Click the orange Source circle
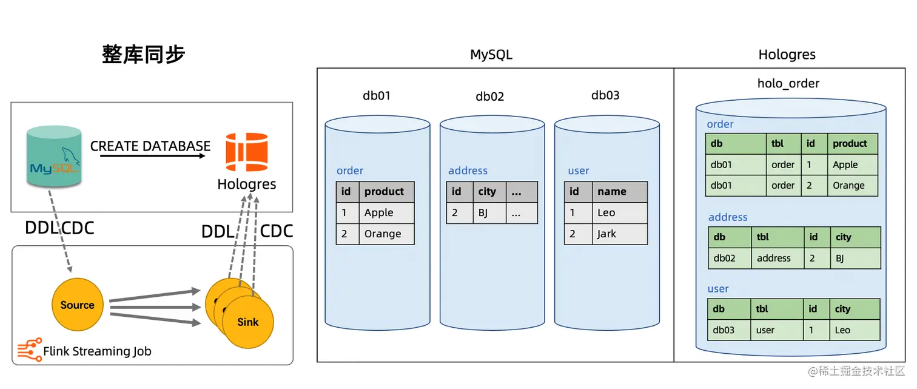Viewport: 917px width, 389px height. point(77,305)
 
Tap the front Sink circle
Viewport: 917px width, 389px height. point(247,322)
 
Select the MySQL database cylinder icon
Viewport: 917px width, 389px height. point(55,155)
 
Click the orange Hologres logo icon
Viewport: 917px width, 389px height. point(247,152)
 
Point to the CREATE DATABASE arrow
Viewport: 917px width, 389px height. point(152,156)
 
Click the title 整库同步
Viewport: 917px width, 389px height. point(143,55)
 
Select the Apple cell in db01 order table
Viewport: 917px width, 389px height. point(386,212)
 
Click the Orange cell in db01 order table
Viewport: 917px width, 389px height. point(386,234)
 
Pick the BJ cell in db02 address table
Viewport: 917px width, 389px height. point(487,213)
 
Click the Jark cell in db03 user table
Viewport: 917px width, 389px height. point(619,234)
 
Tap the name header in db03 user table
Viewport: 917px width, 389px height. point(619,192)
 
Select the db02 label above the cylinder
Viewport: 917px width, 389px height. point(489,96)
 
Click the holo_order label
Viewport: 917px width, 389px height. point(788,83)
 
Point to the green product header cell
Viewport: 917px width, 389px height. point(852,144)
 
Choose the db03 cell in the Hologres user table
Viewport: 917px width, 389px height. point(728,330)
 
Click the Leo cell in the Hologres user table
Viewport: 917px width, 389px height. point(854,330)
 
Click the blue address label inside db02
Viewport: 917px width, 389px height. point(468,171)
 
